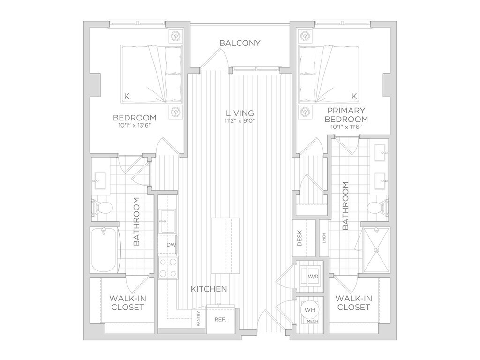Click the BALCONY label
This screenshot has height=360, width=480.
pos(240,43)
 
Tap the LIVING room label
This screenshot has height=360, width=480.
pos(240,113)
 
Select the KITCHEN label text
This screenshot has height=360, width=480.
pos(209,289)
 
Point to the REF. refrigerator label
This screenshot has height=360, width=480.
pos(220,320)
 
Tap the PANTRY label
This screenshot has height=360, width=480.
pos(198,319)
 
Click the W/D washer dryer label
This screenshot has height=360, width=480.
pos(313,277)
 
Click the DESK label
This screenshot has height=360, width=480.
pos(300,238)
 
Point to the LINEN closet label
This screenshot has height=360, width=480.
pos(324,238)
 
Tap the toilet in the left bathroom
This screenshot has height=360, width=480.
pos(102,208)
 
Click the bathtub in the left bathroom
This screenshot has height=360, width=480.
pos(104,250)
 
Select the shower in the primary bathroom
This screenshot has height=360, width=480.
pos(376,250)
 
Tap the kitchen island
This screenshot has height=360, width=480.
pos(225,246)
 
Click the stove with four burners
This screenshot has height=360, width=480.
pos(168,268)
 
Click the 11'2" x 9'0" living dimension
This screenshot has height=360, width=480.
pos(240,120)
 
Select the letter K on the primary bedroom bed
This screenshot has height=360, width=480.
pos(354,97)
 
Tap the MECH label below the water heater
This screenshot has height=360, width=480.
pos(312,321)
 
